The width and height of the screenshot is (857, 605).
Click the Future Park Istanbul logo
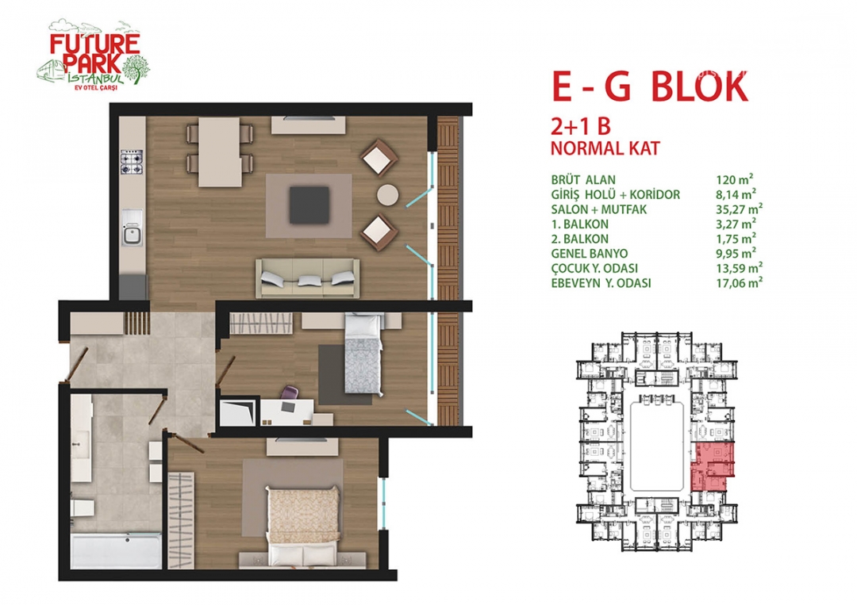coord(93,55)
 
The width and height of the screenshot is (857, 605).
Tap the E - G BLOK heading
coord(650,87)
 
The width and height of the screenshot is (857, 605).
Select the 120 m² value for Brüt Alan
coord(735,180)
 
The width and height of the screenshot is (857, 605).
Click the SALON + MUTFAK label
coord(599,209)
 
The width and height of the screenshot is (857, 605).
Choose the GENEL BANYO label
coord(589,254)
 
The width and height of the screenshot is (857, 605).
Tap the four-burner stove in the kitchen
coord(132,163)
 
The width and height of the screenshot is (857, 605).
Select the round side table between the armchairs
coord(387,194)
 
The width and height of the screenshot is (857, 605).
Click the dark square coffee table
coord(309,205)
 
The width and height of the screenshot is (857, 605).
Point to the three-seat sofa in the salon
coord(308,278)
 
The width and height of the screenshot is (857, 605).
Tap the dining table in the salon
coord(219,152)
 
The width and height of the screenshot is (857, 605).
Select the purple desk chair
coord(289,394)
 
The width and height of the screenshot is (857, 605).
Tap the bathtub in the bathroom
coord(117,550)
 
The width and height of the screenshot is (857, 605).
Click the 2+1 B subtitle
coord(580,127)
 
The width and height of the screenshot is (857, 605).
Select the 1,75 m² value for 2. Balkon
coord(736,239)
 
